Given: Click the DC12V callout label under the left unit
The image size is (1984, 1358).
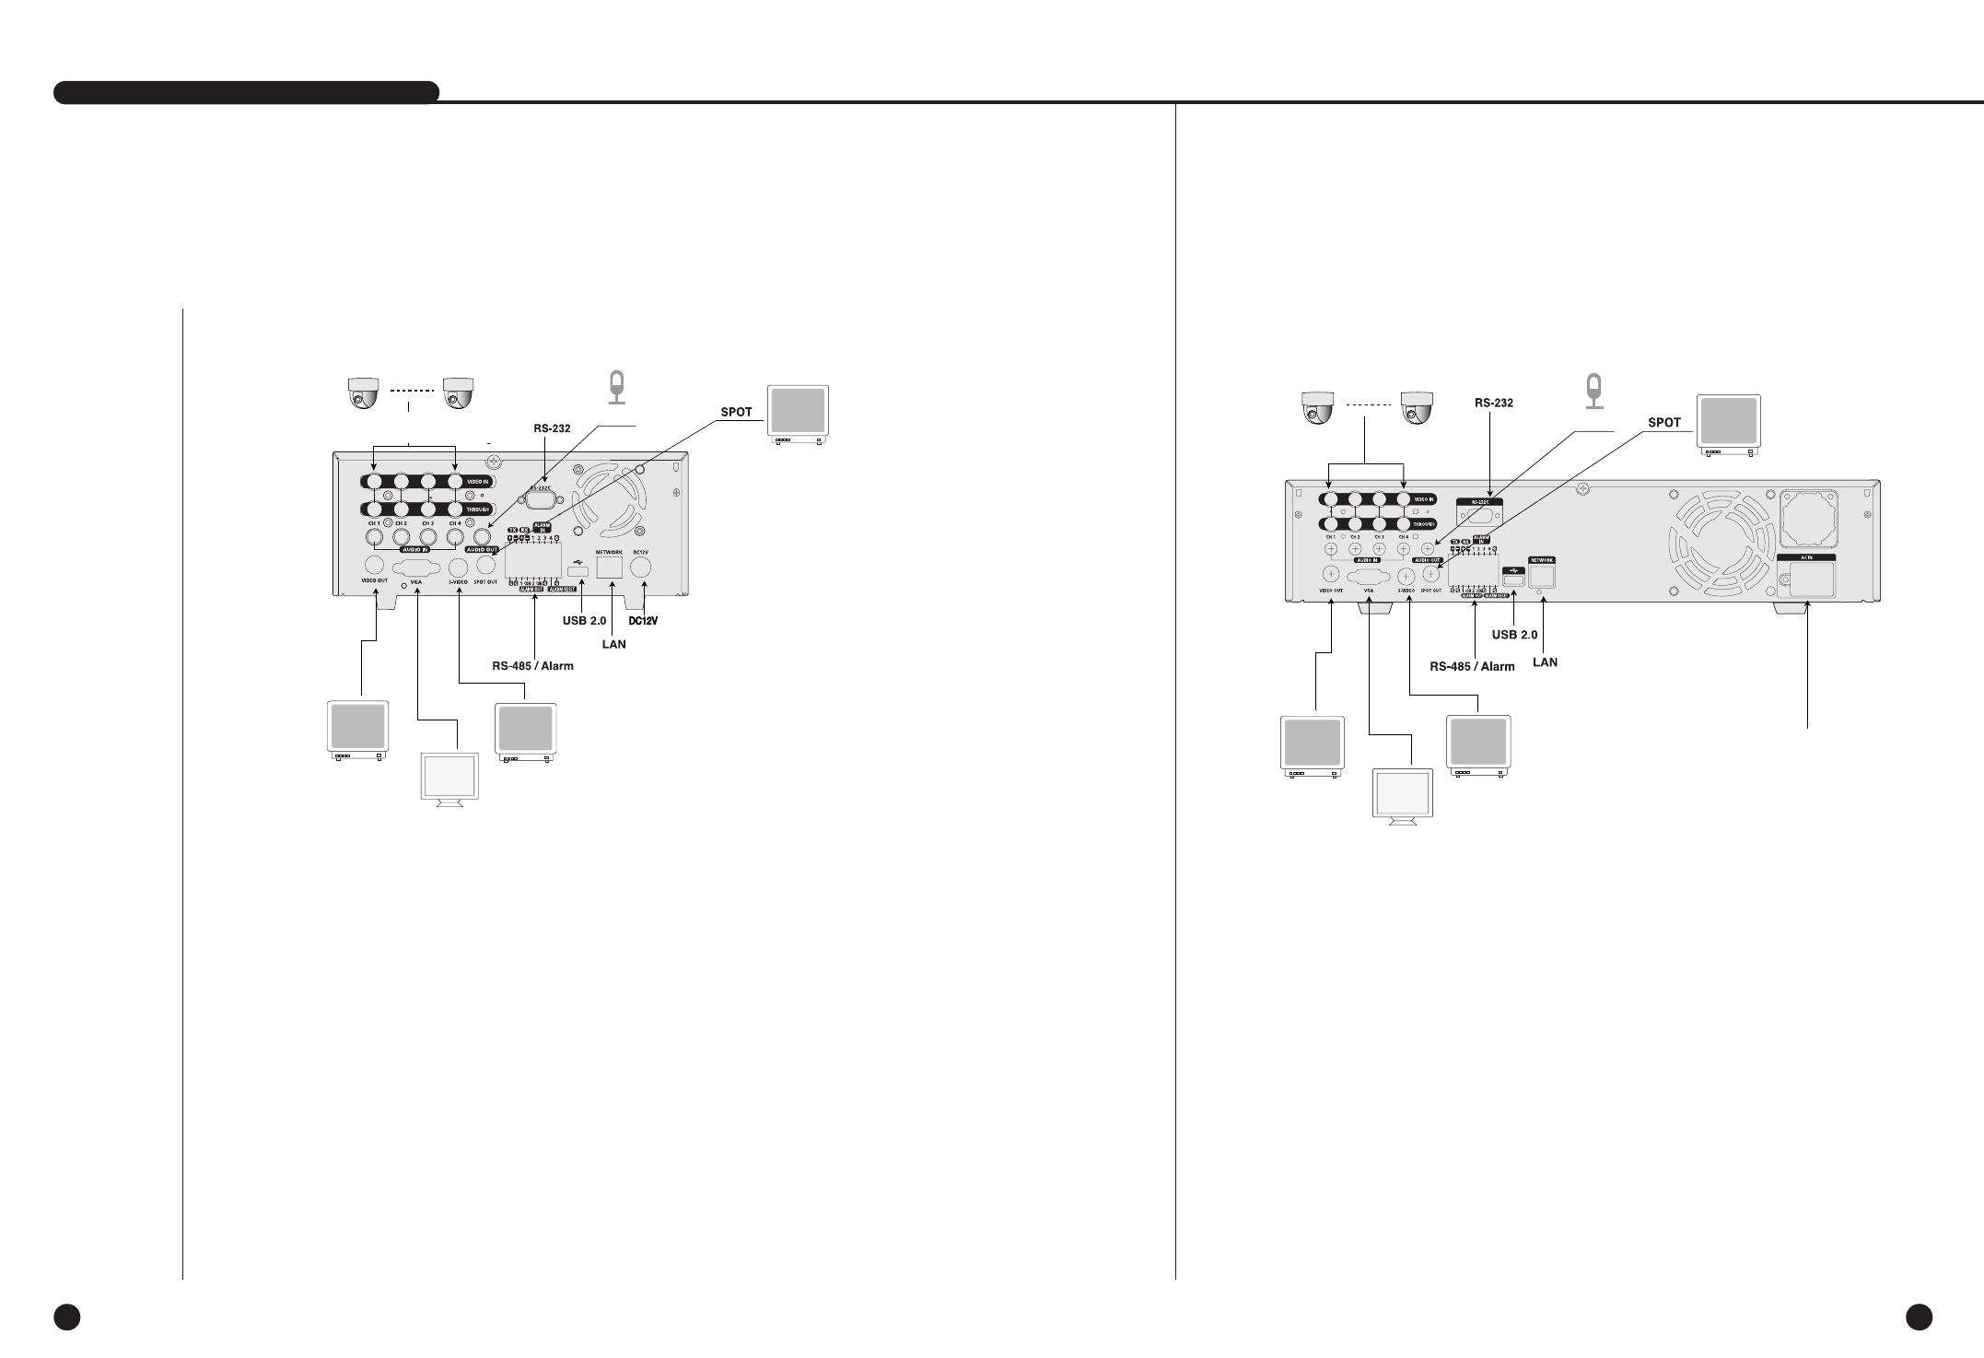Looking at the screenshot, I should [x=642, y=621].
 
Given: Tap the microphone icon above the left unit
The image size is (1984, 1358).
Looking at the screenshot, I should [x=617, y=387].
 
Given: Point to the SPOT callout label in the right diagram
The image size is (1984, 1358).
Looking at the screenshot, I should [x=1663, y=423].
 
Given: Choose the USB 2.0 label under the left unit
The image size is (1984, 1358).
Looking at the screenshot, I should [x=584, y=621].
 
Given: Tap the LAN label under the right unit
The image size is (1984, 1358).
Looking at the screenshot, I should [x=1545, y=661].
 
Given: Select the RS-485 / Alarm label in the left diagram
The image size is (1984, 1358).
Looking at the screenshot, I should [x=533, y=666].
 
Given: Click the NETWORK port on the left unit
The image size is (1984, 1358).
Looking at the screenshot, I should [x=610, y=565].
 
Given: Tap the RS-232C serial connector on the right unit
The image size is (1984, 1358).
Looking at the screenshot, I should [x=1479, y=515].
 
